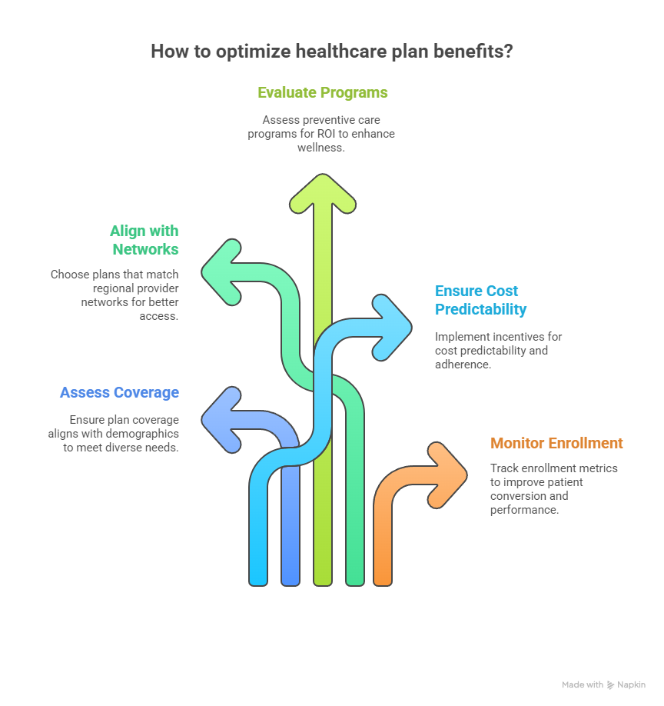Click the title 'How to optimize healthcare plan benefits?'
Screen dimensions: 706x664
coord(331,52)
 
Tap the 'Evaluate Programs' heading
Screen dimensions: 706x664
coord(323,93)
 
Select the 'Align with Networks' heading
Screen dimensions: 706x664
coord(144,240)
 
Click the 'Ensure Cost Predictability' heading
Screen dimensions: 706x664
coord(481,300)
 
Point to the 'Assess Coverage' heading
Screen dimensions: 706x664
coord(119,392)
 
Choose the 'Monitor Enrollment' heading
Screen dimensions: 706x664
coord(556,443)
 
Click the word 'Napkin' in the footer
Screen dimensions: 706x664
coord(631,684)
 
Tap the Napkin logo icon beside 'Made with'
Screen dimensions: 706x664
coord(610,684)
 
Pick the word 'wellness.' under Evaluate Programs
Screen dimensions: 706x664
coord(321,147)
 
